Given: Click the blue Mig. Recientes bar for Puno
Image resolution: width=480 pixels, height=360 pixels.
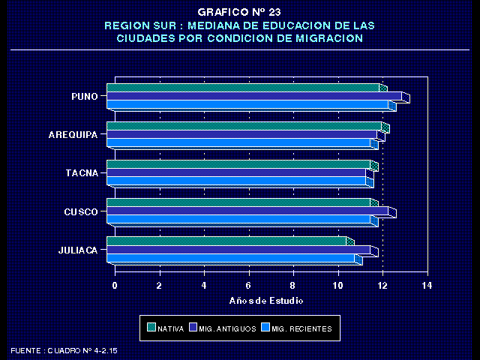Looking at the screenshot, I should tap(247, 104).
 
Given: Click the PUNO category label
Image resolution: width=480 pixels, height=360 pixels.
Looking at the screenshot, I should tap(84, 96).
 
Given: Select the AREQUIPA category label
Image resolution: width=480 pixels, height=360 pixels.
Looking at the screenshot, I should tap(73, 135).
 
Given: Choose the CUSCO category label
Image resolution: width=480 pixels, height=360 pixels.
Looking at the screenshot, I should tap(81, 211).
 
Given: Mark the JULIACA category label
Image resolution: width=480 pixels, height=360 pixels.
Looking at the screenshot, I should tap(78, 250).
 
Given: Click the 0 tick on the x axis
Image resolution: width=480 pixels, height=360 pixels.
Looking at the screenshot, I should tap(115, 286).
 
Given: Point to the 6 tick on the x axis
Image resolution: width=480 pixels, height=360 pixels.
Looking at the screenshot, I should tap(248, 286).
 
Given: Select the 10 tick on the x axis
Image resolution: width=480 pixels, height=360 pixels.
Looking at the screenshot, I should tap(337, 286).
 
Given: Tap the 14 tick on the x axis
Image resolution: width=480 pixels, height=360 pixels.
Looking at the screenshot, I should tap(427, 286).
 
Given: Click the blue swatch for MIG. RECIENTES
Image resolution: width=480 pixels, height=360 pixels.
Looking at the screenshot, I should tap(264, 328).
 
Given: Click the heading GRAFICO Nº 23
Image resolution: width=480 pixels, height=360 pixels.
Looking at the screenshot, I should tap(239, 12).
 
